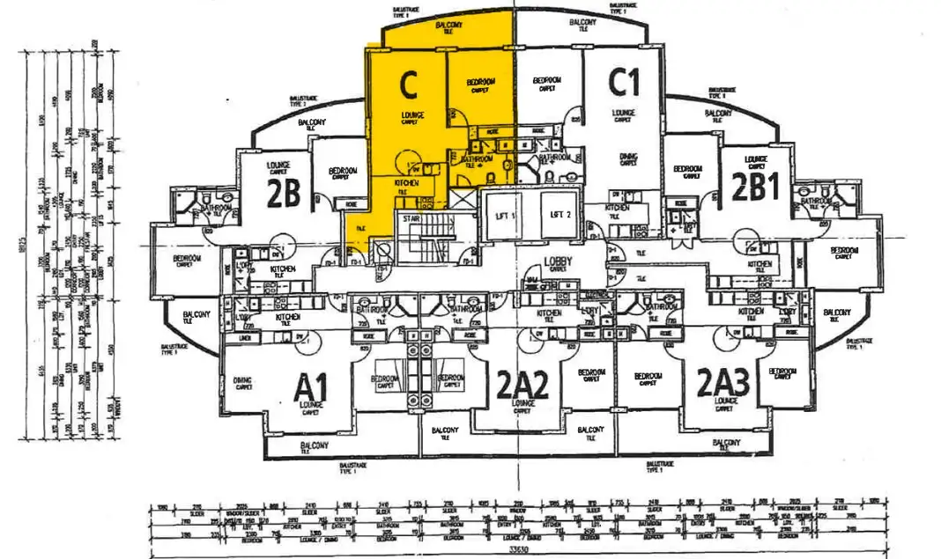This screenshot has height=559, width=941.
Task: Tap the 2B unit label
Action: click(284, 194)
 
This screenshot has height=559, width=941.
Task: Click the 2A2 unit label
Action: click(522, 385)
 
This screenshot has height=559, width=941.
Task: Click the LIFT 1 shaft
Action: click(504, 215)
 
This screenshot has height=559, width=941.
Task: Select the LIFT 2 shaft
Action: click(562, 215)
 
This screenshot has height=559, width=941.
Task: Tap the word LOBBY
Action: click(559, 261)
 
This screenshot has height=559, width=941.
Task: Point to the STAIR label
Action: click(411, 218)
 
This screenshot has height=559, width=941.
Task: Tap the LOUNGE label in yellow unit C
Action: click(412, 115)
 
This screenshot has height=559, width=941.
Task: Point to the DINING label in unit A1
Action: click(243, 380)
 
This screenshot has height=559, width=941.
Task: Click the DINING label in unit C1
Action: click(628, 155)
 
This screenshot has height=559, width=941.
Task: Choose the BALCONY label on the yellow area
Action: click(448, 26)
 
